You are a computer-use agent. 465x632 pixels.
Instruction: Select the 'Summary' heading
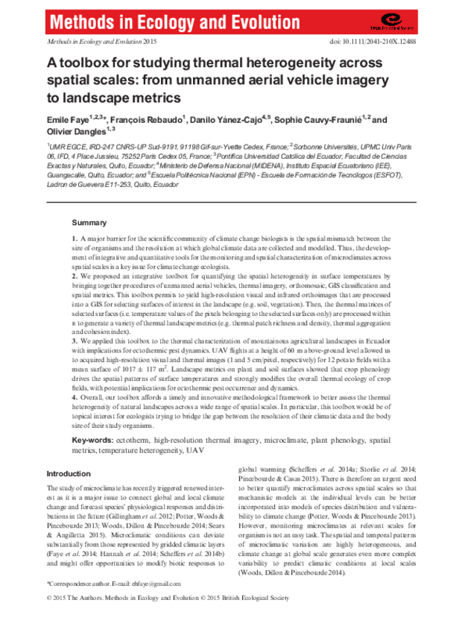click(x=89, y=223)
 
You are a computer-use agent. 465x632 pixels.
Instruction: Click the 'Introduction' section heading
click(x=69, y=474)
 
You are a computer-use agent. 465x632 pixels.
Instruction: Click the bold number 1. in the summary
click(x=75, y=238)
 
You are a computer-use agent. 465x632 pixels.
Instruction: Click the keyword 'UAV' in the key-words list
click(x=196, y=451)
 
